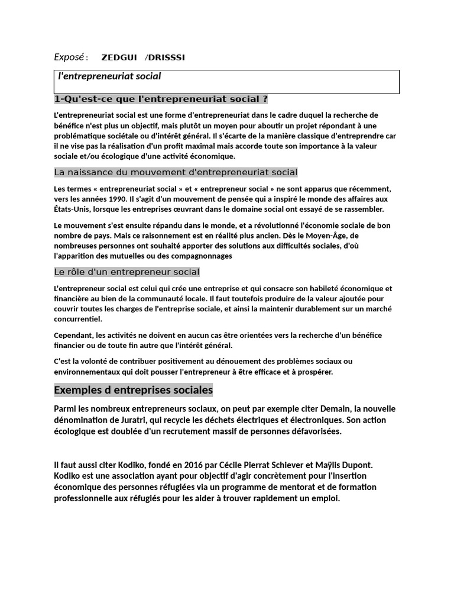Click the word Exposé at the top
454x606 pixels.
pos(69,57)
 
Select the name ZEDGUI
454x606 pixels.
pos(119,57)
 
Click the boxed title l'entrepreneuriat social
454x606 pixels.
pos(109,76)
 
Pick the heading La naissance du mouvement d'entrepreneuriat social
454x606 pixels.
pos(176,172)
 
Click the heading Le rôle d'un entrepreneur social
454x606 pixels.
pos(127,272)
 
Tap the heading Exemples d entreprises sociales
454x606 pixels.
pos(133,391)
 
